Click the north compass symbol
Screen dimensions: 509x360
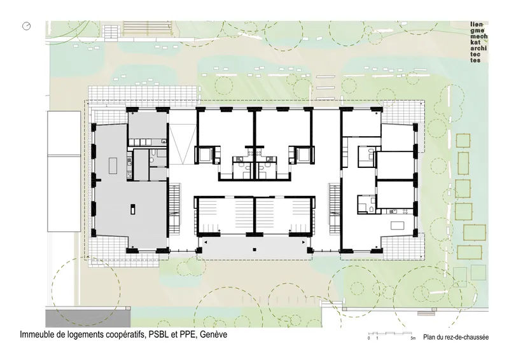[27, 26]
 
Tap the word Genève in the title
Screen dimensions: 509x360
[213, 335]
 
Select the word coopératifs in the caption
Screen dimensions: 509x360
[126, 335]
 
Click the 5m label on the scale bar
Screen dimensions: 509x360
[413, 338]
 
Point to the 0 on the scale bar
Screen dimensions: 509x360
[369, 338]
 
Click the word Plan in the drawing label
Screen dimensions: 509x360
[429, 337]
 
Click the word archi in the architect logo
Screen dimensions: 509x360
[478, 48]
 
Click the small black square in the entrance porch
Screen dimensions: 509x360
[255, 249]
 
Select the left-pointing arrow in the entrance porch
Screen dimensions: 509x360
[206, 242]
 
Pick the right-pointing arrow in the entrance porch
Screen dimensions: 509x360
[303, 242]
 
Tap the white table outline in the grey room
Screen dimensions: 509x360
[113, 165]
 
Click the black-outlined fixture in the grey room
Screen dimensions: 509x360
[133, 209]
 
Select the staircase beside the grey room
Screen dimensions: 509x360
[174, 209]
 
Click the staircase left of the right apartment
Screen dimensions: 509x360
[334, 209]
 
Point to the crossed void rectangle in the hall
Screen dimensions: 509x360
[183, 145]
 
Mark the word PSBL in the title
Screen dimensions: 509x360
[160, 335]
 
